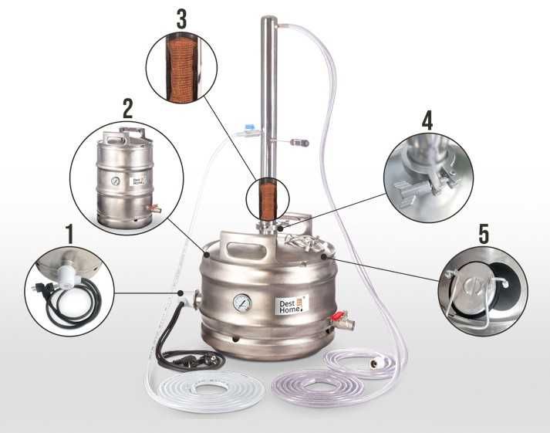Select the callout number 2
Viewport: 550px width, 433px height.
click(128, 107)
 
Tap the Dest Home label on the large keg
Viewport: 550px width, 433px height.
click(292, 302)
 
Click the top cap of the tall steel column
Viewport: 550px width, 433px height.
click(268, 21)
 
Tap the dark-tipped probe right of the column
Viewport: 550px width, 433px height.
click(303, 144)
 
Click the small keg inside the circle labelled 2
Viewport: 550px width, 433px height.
click(124, 175)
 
